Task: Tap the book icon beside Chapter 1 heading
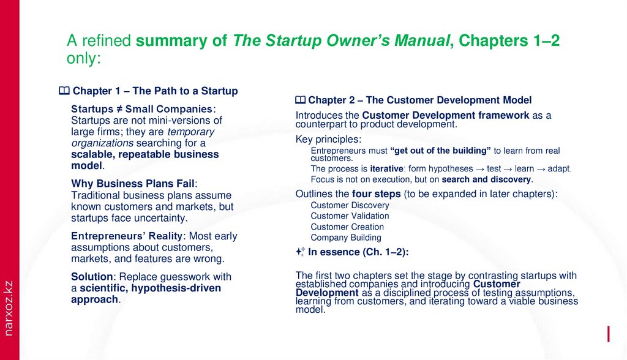pyautogui.click(x=64, y=91)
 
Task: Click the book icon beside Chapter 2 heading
pyautogui.click(x=300, y=100)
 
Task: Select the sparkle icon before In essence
pyautogui.click(x=299, y=251)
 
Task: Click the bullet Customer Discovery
pyautogui.click(x=350, y=205)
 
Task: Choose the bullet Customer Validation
pyautogui.click(x=350, y=216)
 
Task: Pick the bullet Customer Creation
pyautogui.click(x=347, y=227)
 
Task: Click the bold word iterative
pyautogui.click(x=386, y=169)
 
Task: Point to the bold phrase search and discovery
pyautogui.click(x=487, y=180)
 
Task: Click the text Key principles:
pyautogui.click(x=328, y=139)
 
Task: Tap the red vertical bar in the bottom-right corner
pyautogui.click(x=608, y=334)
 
